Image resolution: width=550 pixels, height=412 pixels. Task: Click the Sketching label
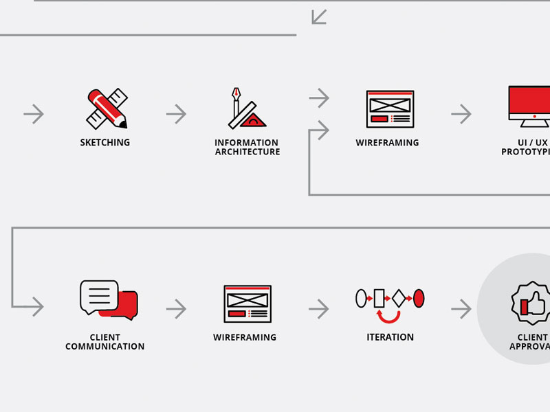click(x=104, y=143)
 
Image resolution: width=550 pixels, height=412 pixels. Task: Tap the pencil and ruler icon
click(x=107, y=108)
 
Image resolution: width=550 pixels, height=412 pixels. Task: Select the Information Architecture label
click(x=247, y=147)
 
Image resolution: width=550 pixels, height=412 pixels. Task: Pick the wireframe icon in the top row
click(x=390, y=108)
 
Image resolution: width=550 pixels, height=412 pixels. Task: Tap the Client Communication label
click(x=104, y=342)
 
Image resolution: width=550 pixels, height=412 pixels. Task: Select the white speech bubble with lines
click(x=99, y=297)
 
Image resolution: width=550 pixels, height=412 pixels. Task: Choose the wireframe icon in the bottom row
click(x=247, y=304)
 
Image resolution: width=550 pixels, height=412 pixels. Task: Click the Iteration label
click(x=390, y=337)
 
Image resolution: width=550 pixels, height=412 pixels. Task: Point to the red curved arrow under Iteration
click(x=389, y=317)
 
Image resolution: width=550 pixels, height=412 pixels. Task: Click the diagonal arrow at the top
click(x=319, y=16)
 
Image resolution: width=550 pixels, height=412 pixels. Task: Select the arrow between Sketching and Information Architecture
click(x=176, y=114)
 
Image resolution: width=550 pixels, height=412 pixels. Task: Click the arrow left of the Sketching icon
click(x=33, y=114)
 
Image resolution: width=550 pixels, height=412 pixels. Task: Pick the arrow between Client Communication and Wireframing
click(x=176, y=309)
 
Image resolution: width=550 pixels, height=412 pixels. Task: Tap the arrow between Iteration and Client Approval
click(x=461, y=309)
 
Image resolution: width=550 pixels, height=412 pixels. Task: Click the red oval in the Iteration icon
click(x=419, y=298)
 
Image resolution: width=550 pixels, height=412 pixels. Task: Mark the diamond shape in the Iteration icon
click(x=398, y=298)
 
